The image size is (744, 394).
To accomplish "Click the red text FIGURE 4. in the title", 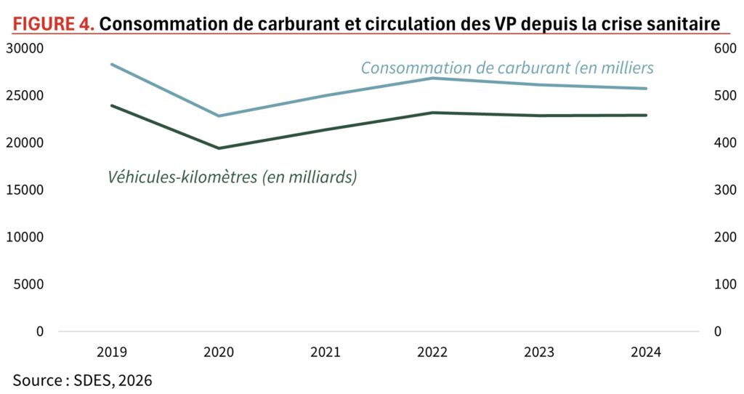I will point(54,25).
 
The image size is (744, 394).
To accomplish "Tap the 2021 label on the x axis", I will point(325,353).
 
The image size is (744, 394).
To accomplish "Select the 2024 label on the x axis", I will point(645,353).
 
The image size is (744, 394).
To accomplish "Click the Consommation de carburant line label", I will point(507,68).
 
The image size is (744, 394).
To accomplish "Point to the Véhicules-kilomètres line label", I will point(232,177).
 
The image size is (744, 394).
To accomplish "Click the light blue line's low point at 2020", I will point(219,116).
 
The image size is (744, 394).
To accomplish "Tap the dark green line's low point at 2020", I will point(219,148).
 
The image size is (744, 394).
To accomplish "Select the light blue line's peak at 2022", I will point(432,78).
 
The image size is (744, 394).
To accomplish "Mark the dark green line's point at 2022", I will point(432,113).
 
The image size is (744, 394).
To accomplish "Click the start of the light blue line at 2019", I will point(111,64).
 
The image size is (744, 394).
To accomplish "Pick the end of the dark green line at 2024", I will point(646,115).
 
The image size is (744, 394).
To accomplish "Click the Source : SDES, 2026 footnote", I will point(83,379).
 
